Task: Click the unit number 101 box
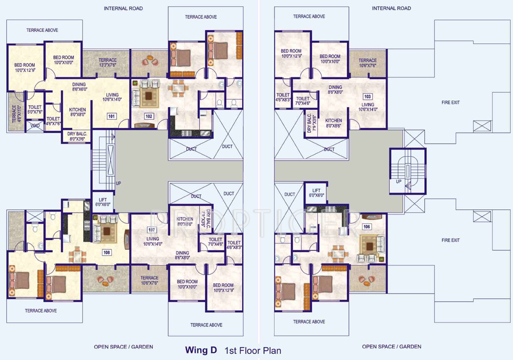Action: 111,117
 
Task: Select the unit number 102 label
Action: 149,117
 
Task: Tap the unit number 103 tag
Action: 367,96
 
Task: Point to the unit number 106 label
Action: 367,226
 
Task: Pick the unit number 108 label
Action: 107,253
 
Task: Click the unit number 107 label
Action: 152,230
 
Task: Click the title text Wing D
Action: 201,350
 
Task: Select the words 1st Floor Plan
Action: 253,351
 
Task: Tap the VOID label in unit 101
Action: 35,125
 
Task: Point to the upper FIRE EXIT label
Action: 451,103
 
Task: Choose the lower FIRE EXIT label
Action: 451,240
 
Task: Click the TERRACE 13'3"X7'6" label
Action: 108,63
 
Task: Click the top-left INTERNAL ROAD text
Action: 123,8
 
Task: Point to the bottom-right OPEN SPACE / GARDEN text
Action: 392,347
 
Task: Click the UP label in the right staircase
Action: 398,182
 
